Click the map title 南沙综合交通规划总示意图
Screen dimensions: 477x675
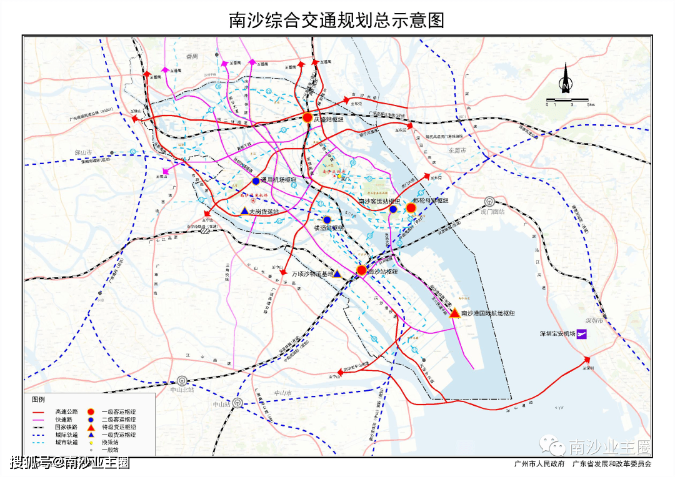pyautogui.click(x=337, y=20)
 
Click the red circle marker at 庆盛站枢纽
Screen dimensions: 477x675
pyautogui.click(x=307, y=117)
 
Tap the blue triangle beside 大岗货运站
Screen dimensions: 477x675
pyautogui.click(x=244, y=212)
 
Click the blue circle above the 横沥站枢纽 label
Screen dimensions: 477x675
pyautogui.click(x=327, y=220)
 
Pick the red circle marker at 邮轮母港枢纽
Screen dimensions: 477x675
pyautogui.click(x=411, y=208)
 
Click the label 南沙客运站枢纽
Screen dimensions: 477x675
pyautogui.click(x=378, y=201)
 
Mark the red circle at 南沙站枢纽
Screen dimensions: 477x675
pyautogui.click(x=361, y=270)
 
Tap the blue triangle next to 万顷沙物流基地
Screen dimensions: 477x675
pyautogui.click(x=337, y=273)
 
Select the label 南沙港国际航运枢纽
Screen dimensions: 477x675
pyautogui.click(x=487, y=313)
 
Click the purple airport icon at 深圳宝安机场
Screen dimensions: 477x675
pyautogui.click(x=582, y=334)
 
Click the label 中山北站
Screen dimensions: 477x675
pyautogui.click(x=182, y=389)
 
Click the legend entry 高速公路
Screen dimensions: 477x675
pyautogui.click(x=66, y=411)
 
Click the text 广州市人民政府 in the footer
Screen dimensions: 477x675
pyautogui.click(x=539, y=464)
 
